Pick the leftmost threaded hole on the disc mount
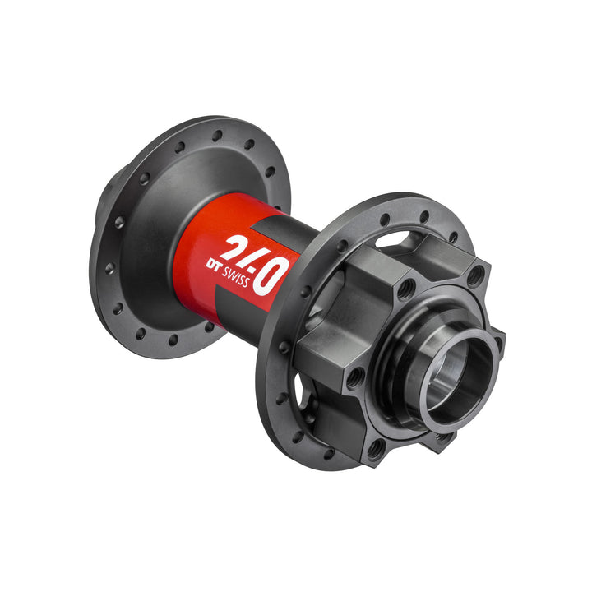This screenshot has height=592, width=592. pyautogui.click(x=354, y=378)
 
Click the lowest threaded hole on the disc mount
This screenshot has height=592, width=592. pyautogui.click(x=375, y=449)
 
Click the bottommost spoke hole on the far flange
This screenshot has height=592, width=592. pyautogui.click(x=173, y=340)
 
